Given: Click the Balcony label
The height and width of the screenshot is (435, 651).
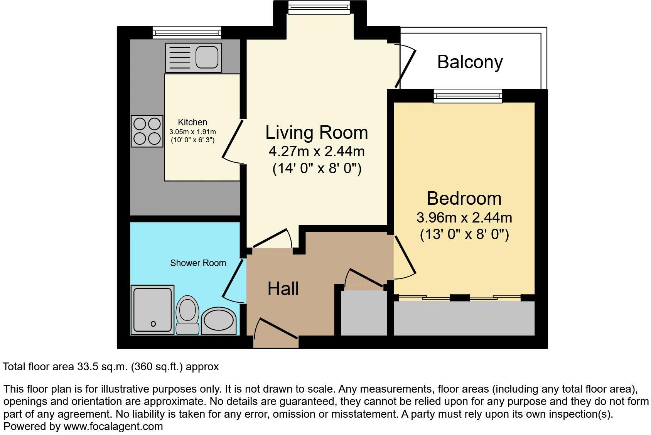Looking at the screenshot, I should tap(470, 62).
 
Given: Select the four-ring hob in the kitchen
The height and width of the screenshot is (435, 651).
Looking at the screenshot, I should tap(147, 131).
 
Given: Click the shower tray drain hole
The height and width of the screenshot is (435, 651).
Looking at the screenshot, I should tap(153, 324).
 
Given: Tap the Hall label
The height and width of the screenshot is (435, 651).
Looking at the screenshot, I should tap(283, 288).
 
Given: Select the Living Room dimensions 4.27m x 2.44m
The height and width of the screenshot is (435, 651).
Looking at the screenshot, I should tap(316, 151).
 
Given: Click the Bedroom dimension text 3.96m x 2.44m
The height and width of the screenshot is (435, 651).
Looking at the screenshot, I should tap(464, 218).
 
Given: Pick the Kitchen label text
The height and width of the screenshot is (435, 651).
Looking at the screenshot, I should tap(192, 122).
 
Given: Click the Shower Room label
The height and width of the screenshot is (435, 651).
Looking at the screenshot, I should tap(198, 263).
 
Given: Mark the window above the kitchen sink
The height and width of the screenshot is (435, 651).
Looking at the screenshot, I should tap(187, 32).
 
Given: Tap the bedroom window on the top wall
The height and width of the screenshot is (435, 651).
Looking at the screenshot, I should tap(468, 96).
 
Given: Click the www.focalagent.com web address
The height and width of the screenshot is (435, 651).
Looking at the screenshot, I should tap(113, 427).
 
